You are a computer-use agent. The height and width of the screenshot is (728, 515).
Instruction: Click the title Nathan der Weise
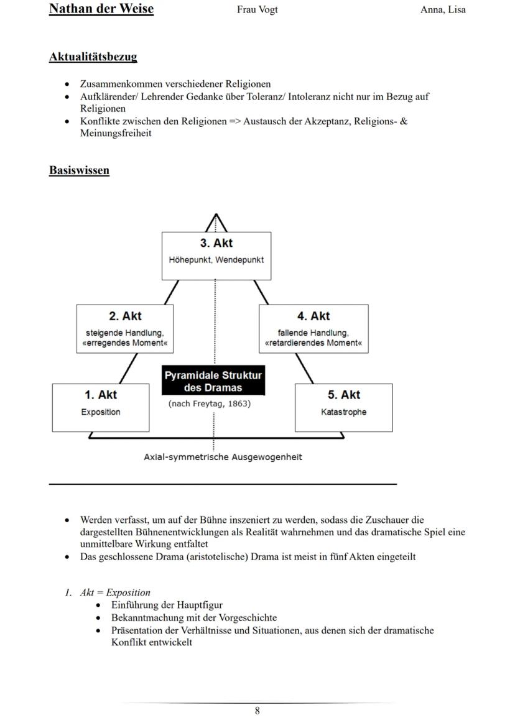click(x=101, y=9)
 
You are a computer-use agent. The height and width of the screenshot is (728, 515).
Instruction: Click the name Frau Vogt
click(x=257, y=9)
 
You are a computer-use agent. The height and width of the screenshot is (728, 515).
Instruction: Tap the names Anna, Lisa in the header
click(x=443, y=9)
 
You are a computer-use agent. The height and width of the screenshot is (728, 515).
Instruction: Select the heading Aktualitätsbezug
click(x=93, y=57)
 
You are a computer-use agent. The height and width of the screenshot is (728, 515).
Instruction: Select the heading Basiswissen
click(x=79, y=170)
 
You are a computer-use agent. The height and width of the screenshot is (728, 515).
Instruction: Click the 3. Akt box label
click(x=216, y=243)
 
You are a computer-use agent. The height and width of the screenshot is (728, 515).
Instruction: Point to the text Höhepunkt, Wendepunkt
click(x=216, y=259)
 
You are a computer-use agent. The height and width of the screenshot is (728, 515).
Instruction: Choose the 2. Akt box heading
click(x=125, y=316)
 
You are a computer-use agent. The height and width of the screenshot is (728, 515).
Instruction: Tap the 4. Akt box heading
click(x=313, y=316)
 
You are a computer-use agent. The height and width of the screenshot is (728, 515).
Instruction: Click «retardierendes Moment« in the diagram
click(x=313, y=343)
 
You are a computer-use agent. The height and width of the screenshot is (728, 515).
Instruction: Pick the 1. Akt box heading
click(x=100, y=395)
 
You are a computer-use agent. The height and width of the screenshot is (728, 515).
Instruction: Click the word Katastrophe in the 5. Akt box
click(x=343, y=412)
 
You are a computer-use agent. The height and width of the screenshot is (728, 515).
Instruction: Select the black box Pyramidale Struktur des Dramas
click(x=213, y=381)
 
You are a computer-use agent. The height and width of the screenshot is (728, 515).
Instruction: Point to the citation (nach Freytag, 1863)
click(x=210, y=404)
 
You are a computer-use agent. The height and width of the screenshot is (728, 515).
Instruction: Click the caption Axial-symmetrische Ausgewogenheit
click(x=223, y=457)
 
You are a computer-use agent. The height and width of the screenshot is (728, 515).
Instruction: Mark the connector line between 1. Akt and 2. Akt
click(x=129, y=368)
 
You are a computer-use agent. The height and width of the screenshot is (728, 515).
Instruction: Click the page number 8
click(x=257, y=711)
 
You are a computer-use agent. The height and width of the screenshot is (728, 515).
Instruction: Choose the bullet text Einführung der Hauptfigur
click(x=167, y=605)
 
